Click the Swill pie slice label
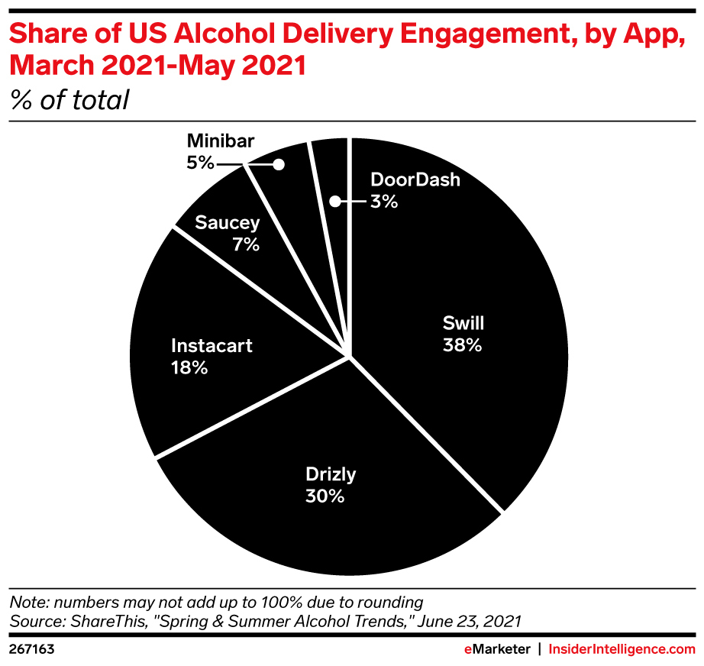pyautogui.click(x=463, y=322)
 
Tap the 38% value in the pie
pyautogui.click(x=463, y=345)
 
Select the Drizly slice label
pyautogui.click(x=331, y=474)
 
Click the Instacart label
pyautogui.click(x=212, y=345)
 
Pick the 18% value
pyautogui.click(x=189, y=367)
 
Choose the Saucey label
pyautogui.click(x=228, y=223)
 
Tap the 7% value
pyautogui.click(x=247, y=245)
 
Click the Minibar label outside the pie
pyautogui.click(x=221, y=141)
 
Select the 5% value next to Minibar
pyautogui.click(x=200, y=163)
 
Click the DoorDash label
pyautogui.click(x=415, y=180)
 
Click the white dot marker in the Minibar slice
pyautogui.click(x=279, y=163)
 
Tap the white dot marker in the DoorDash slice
pyautogui.click(x=334, y=202)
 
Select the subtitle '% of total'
pyautogui.click(x=69, y=100)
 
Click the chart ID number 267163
pyautogui.click(x=31, y=649)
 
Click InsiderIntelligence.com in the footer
pyautogui.click(x=622, y=649)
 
